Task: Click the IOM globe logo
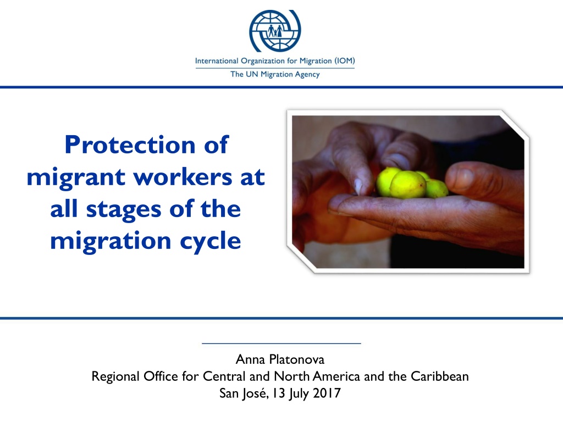(x=275, y=31)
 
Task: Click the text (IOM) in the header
(x=345, y=60)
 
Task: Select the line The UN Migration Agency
(x=275, y=74)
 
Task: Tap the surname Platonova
(x=296, y=359)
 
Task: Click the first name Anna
(x=250, y=359)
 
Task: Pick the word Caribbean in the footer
(x=440, y=376)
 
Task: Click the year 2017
(x=327, y=393)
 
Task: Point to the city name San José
(x=244, y=393)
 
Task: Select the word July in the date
(x=299, y=393)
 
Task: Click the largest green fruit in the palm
(x=407, y=185)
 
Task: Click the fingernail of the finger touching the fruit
(x=358, y=187)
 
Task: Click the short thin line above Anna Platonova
(x=281, y=343)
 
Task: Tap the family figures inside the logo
(x=275, y=31)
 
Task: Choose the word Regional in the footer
(x=115, y=376)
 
